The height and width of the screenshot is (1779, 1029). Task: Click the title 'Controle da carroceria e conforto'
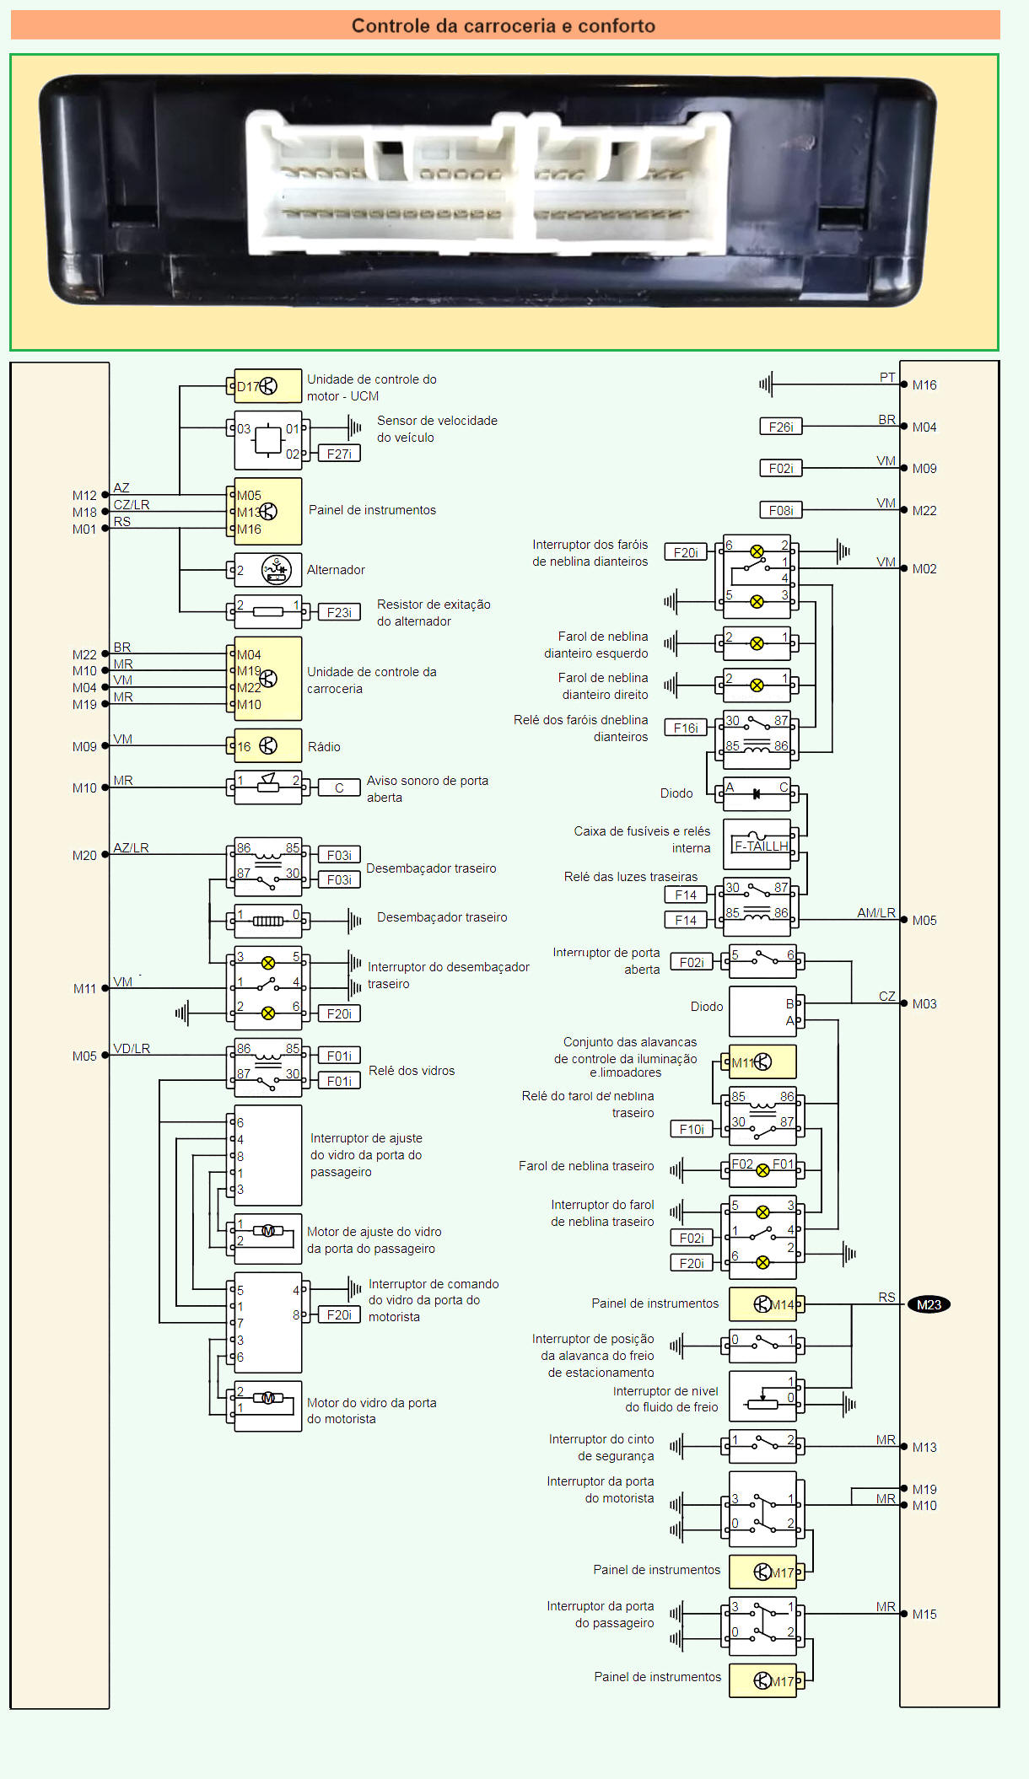[504, 25]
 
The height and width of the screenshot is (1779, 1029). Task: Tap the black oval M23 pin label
[929, 1304]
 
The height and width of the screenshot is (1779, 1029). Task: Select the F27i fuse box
[339, 454]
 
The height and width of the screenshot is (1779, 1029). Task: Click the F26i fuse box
[780, 427]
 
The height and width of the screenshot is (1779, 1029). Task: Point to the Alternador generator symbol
[276, 570]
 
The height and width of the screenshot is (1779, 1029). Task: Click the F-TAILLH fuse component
[760, 846]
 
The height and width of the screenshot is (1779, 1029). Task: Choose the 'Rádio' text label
[324, 747]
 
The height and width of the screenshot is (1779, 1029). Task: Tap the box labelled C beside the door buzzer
[339, 787]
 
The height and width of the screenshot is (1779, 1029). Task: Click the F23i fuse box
[339, 612]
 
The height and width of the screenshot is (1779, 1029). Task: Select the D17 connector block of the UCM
[267, 386]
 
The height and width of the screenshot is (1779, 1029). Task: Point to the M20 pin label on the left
[84, 855]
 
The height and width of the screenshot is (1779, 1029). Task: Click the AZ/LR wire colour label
[131, 847]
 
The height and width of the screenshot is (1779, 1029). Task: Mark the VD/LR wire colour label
[132, 1048]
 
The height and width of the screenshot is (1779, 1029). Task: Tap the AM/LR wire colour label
[875, 912]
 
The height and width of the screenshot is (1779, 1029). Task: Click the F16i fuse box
[685, 728]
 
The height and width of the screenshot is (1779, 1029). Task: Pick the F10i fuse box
[691, 1129]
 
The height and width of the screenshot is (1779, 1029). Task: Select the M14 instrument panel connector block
[762, 1304]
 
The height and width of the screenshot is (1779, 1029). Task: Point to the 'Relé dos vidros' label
[412, 1071]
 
